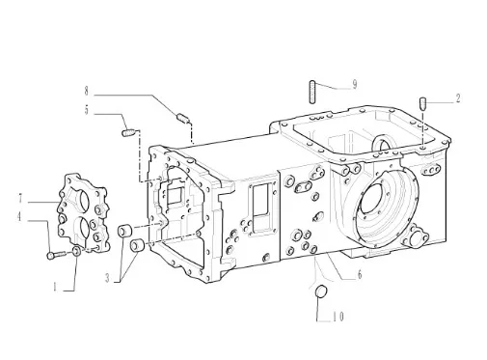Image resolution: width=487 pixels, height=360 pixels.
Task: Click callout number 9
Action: coord(355,84)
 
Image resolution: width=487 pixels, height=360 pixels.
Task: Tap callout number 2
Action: coord(458,98)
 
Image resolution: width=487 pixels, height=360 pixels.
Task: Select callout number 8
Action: coord(86,91)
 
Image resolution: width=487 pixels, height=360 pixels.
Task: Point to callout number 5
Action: coord(86,110)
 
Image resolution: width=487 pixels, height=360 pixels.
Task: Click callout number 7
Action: coord(20,199)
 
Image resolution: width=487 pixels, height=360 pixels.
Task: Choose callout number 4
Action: coord(19,217)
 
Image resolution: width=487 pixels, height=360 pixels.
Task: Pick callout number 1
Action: coord(55,287)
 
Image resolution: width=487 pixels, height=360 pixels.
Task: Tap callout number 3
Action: coord(107,278)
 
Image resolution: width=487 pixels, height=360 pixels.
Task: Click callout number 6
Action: coord(360,274)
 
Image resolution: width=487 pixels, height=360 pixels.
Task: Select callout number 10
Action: coord(338,317)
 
